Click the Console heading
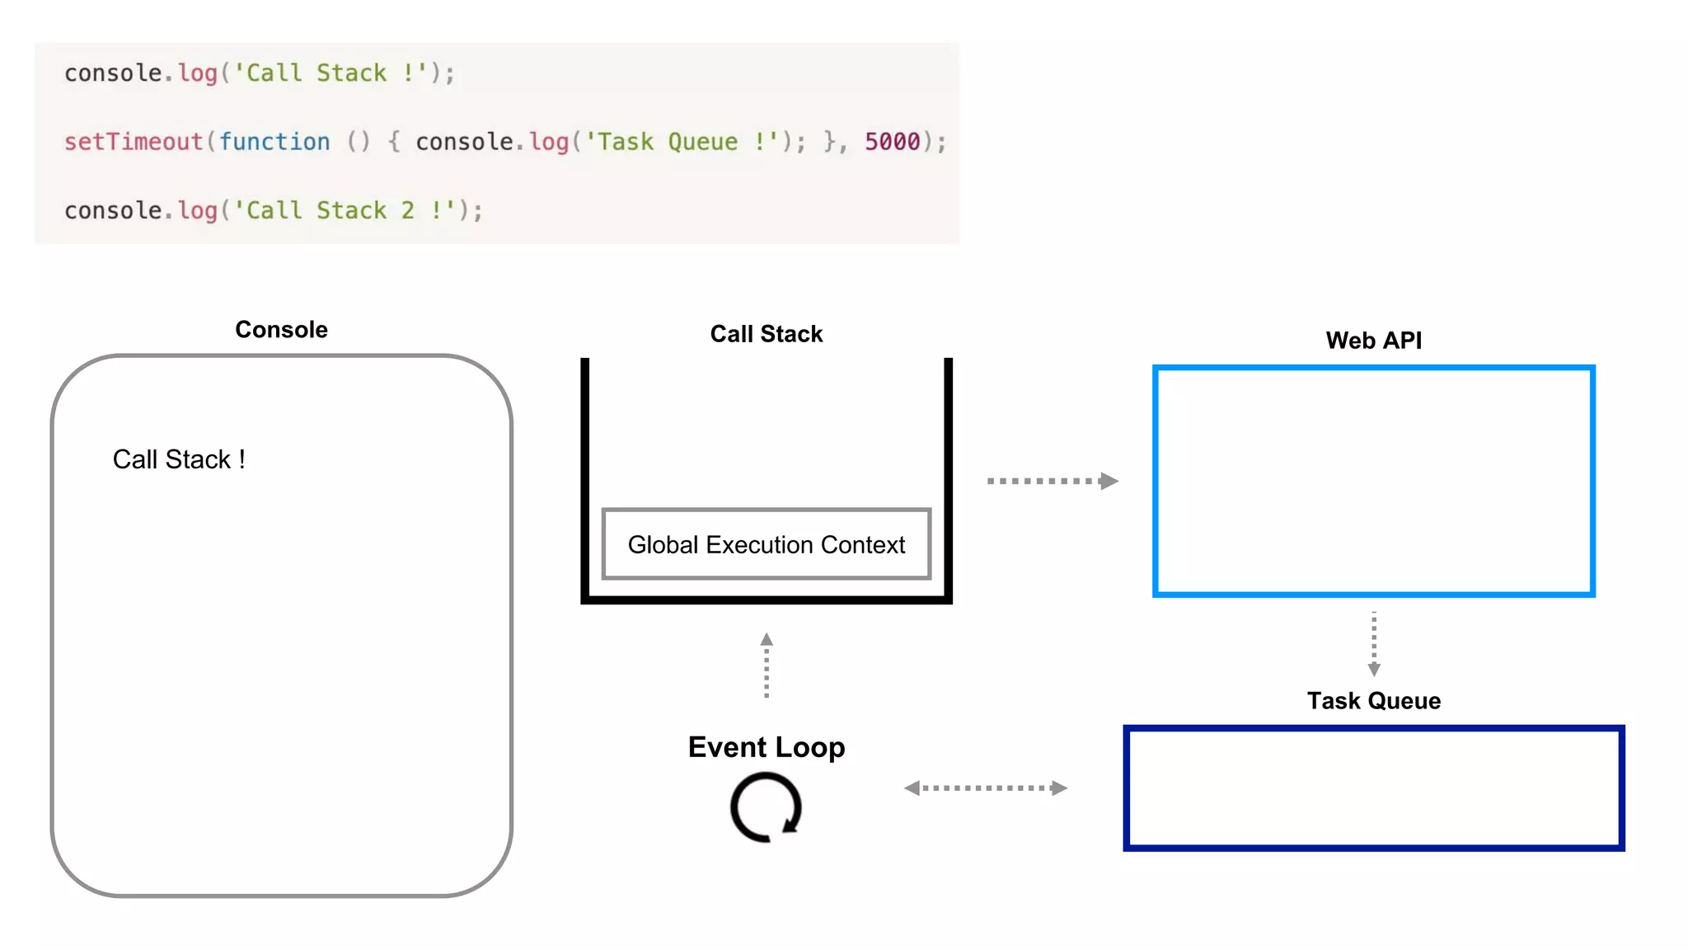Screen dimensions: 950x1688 (x=281, y=330)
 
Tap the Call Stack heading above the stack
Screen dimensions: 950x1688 (x=766, y=334)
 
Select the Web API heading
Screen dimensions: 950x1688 (x=1373, y=341)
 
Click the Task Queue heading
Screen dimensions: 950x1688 (x=1373, y=701)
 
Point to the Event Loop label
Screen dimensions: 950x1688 (x=766, y=747)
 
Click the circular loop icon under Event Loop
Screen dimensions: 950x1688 (x=766, y=807)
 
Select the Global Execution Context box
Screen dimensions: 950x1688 (x=766, y=544)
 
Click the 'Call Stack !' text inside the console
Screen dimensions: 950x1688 (x=179, y=459)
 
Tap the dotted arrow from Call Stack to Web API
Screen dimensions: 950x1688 (x=1052, y=481)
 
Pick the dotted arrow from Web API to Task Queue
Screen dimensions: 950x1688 (x=1373, y=644)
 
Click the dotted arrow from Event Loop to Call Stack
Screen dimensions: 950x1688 (x=767, y=665)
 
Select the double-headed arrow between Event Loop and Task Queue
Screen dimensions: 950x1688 (x=985, y=788)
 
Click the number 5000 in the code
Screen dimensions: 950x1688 (x=892, y=142)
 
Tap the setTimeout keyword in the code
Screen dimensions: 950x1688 (x=134, y=142)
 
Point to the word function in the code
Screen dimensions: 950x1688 (x=274, y=142)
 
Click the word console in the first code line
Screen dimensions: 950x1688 (x=113, y=73)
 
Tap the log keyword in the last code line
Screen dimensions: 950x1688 (x=198, y=210)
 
